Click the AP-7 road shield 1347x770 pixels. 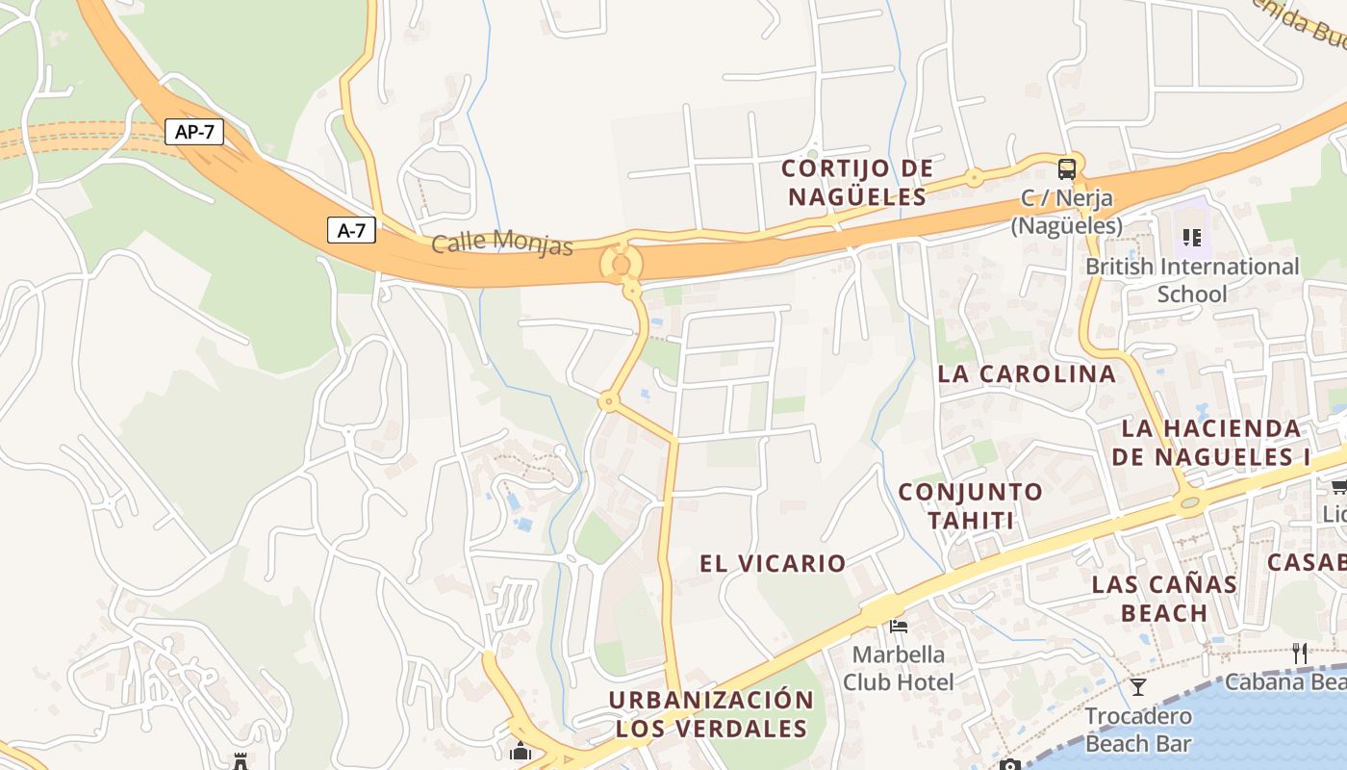pyautogui.click(x=194, y=132)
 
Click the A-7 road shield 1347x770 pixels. pyautogui.click(x=351, y=230)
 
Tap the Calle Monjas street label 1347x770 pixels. pyautogui.click(x=501, y=242)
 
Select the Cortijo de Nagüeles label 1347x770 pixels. pyautogui.click(x=856, y=183)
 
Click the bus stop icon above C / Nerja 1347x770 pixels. pyautogui.click(x=1066, y=169)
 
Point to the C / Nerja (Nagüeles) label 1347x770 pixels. pyautogui.click(x=1066, y=212)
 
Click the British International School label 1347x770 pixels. pyautogui.click(x=1192, y=280)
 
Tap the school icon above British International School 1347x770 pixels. pyautogui.click(x=1192, y=237)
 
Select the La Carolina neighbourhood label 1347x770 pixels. pyautogui.click(x=1027, y=373)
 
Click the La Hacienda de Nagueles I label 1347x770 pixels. pyautogui.click(x=1211, y=442)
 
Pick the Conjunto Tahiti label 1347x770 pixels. pyautogui.click(x=970, y=506)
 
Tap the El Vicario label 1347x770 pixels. pyautogui.click(x=773, y=564)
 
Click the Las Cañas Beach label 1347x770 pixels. pyautogui.click(x=1164, y=598)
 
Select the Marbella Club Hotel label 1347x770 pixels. pyautogui.click(x=899, y=668)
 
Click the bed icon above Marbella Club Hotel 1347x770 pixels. pyautogui.click(x=899, y=627)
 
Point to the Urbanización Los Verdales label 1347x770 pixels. pyautogui.click(x=711, y=714)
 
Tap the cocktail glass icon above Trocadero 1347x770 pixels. pyautogui.click(x=1138, y=686)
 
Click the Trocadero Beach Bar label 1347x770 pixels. pyautogui.click(x=1138, y=730)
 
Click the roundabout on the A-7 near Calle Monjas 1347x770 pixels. pyautogui.click(x=621, y=264)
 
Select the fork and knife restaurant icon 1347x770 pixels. pyautogui.click(x=1300, y=653)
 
